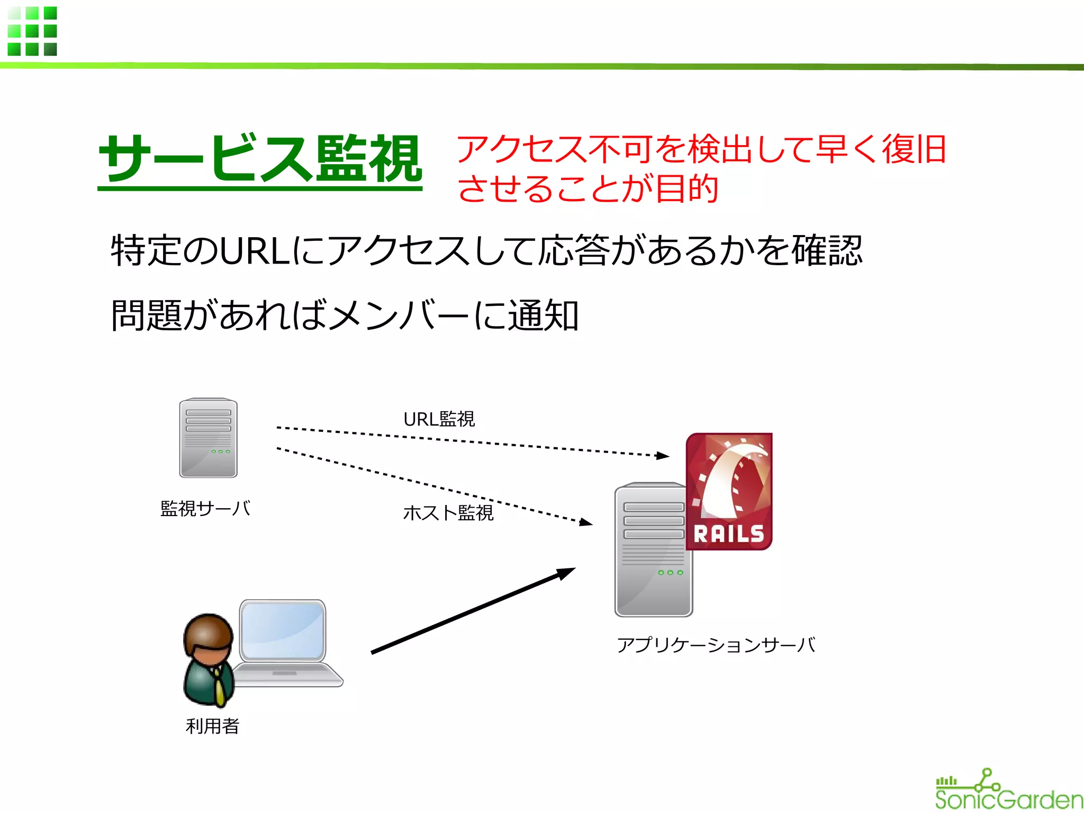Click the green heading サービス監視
pos(260,158)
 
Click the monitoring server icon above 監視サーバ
pos(208,438)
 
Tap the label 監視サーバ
pos(205,509)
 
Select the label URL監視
pos(439,419)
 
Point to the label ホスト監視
pos(448,512)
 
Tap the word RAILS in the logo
pos(729,534)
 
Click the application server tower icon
pos(653,550)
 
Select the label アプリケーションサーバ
pos(716,645)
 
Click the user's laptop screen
pos(283,630)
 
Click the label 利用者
pos(212,726)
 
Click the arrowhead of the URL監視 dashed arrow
pos(662,455)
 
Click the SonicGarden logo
pos(1008,790)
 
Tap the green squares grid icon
pos(32,31)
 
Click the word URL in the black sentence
pos(254,251)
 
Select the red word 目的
pos(686,189)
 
